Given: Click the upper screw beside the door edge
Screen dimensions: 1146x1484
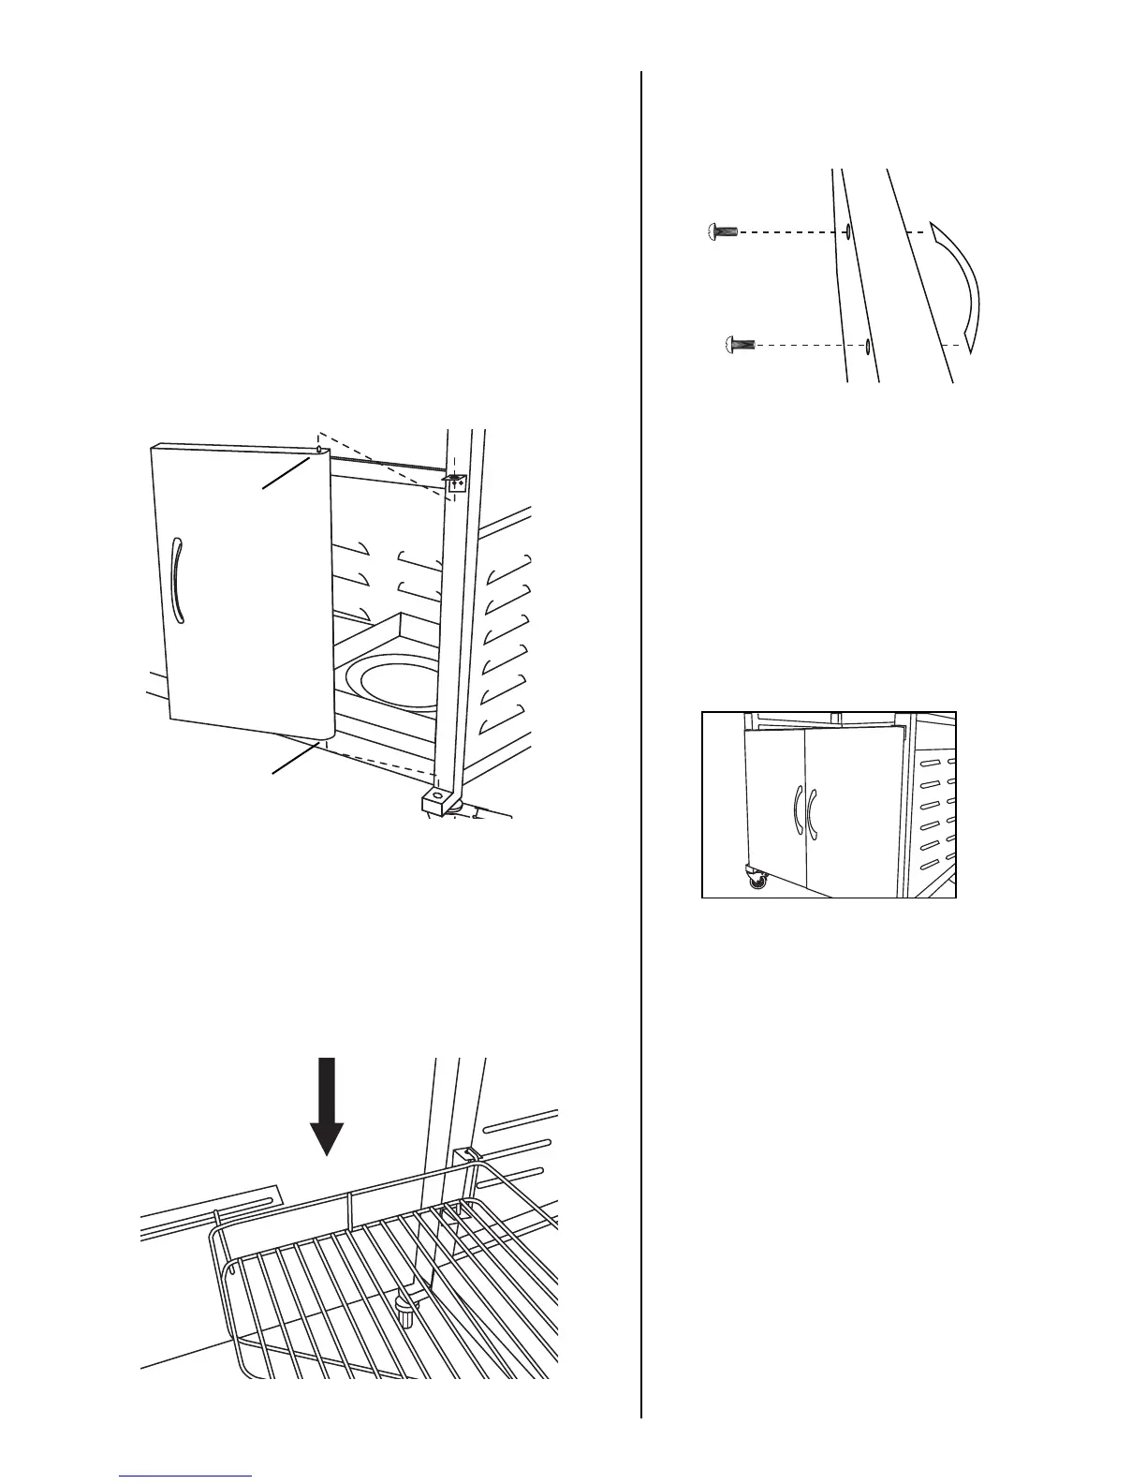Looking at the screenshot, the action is [x=721, y=230].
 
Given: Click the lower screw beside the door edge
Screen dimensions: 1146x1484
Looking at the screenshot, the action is [x=740, y=346].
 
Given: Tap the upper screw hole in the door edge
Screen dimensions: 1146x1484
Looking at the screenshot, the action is [x=847, y=230].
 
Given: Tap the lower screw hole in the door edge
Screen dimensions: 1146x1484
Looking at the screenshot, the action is [x=868, y=347].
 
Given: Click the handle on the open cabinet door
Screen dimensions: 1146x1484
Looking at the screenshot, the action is [x=177, y=581].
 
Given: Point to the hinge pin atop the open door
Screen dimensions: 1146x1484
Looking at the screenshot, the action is [x=319, y=450].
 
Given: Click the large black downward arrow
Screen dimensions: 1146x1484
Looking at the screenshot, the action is [x=326, y=1106].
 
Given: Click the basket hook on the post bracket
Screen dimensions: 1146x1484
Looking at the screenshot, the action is [x=463, y=1157].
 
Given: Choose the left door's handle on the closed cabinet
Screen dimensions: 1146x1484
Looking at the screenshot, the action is [x=797, y=808].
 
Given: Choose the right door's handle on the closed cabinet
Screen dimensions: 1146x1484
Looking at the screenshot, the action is [x=814, y=808].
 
